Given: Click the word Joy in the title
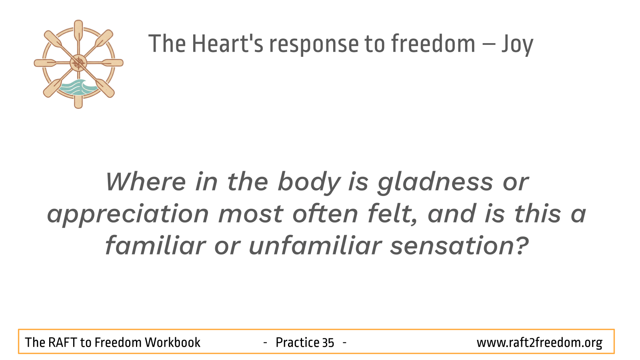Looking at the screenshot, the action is coord(518,44).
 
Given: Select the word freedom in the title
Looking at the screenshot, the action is coord(433,43).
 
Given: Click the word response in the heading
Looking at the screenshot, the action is coord(314,45).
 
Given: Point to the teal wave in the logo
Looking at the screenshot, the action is coord(78,88).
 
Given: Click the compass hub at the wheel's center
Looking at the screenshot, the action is coord(78,63).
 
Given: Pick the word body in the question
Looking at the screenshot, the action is coord(309,183).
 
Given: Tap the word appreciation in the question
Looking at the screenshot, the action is coord(128,215).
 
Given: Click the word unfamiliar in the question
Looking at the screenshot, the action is coord(316,245).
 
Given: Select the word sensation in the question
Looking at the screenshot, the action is coord(460,245).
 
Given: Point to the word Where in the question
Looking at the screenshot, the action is coord(146,182).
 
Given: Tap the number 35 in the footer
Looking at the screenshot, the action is coord(328,343).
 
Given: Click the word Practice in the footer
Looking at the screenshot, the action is coord(298,342).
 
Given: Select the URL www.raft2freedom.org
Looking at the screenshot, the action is coord(540,343).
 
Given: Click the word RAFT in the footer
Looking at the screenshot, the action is coord(62,342).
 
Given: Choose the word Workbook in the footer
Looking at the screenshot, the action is coord(172,342).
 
